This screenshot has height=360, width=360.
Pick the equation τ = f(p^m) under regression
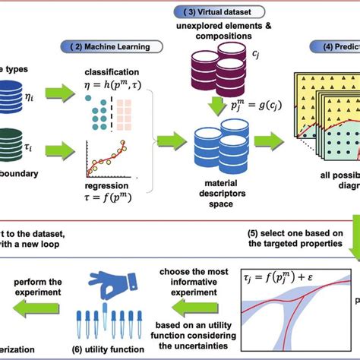tap(111, 196)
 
